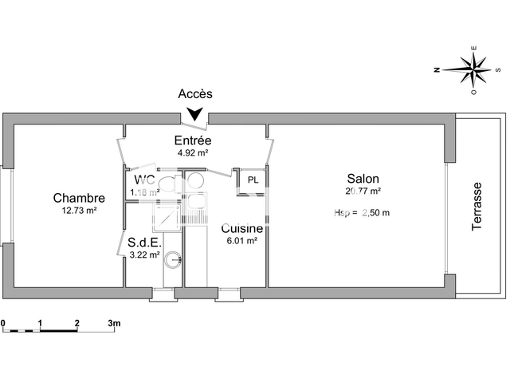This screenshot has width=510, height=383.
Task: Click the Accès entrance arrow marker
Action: pos(194,116)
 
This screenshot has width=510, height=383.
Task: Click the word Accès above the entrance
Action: pos(194,94)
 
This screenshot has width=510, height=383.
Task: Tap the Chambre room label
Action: pos(79,198)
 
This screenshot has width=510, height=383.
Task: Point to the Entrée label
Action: pos(193,140)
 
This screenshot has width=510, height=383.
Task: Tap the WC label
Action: pos(144,179)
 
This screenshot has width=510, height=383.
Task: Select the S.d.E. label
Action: pos(145,242)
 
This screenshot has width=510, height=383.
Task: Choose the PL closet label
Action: pos(253,180)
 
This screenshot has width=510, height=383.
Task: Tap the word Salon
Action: pos(363,179)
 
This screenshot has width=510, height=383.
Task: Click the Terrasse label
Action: pos(477,207)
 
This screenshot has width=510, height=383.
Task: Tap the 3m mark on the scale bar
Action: pos(114,323)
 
